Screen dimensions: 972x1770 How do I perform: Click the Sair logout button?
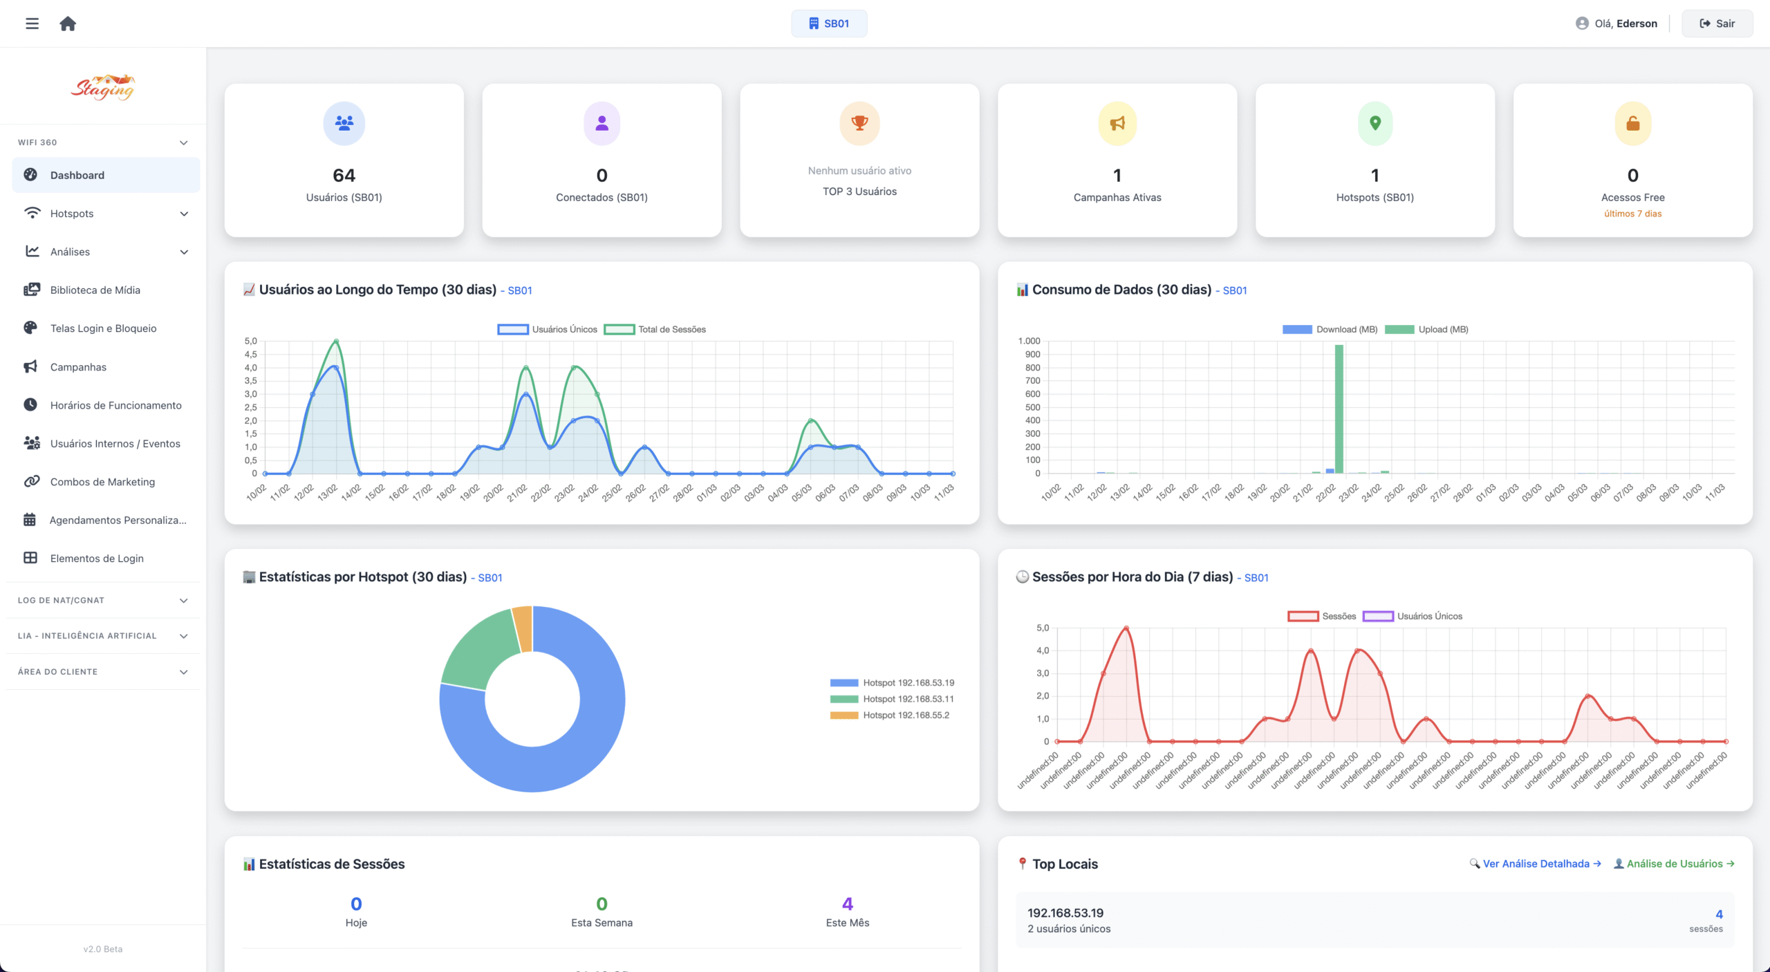[x=1717, y=24]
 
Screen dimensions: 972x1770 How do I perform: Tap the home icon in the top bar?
[x=68, y=24]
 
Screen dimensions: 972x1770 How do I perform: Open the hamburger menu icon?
[x=32, y=24]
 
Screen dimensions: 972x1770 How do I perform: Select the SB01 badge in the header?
[x=829, y=24]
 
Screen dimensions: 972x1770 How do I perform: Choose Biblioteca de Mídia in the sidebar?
[x=95, y=290]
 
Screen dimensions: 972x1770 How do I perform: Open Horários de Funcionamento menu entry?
[x=115, y=405]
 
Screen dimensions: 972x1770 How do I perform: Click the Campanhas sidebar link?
[x=78, y=367]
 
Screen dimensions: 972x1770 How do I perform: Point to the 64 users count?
[x=344, y=176]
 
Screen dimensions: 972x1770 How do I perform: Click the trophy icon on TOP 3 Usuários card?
[x=859, y=123]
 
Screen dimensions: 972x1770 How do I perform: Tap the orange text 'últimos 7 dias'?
[x=1632, y=214]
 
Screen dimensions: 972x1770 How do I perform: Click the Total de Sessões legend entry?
[x=655, y=330]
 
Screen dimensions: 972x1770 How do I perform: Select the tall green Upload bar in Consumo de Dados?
[x=1339, y=408]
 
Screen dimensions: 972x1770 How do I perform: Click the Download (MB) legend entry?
[x=1330, y=330]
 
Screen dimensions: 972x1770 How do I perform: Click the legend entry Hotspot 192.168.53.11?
[x=892, y=699]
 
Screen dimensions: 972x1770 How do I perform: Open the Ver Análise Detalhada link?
[x=1536, y=863]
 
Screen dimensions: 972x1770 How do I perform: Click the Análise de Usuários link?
[x=1674, y=863]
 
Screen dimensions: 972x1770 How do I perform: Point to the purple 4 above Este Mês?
[x=848, y=904]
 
